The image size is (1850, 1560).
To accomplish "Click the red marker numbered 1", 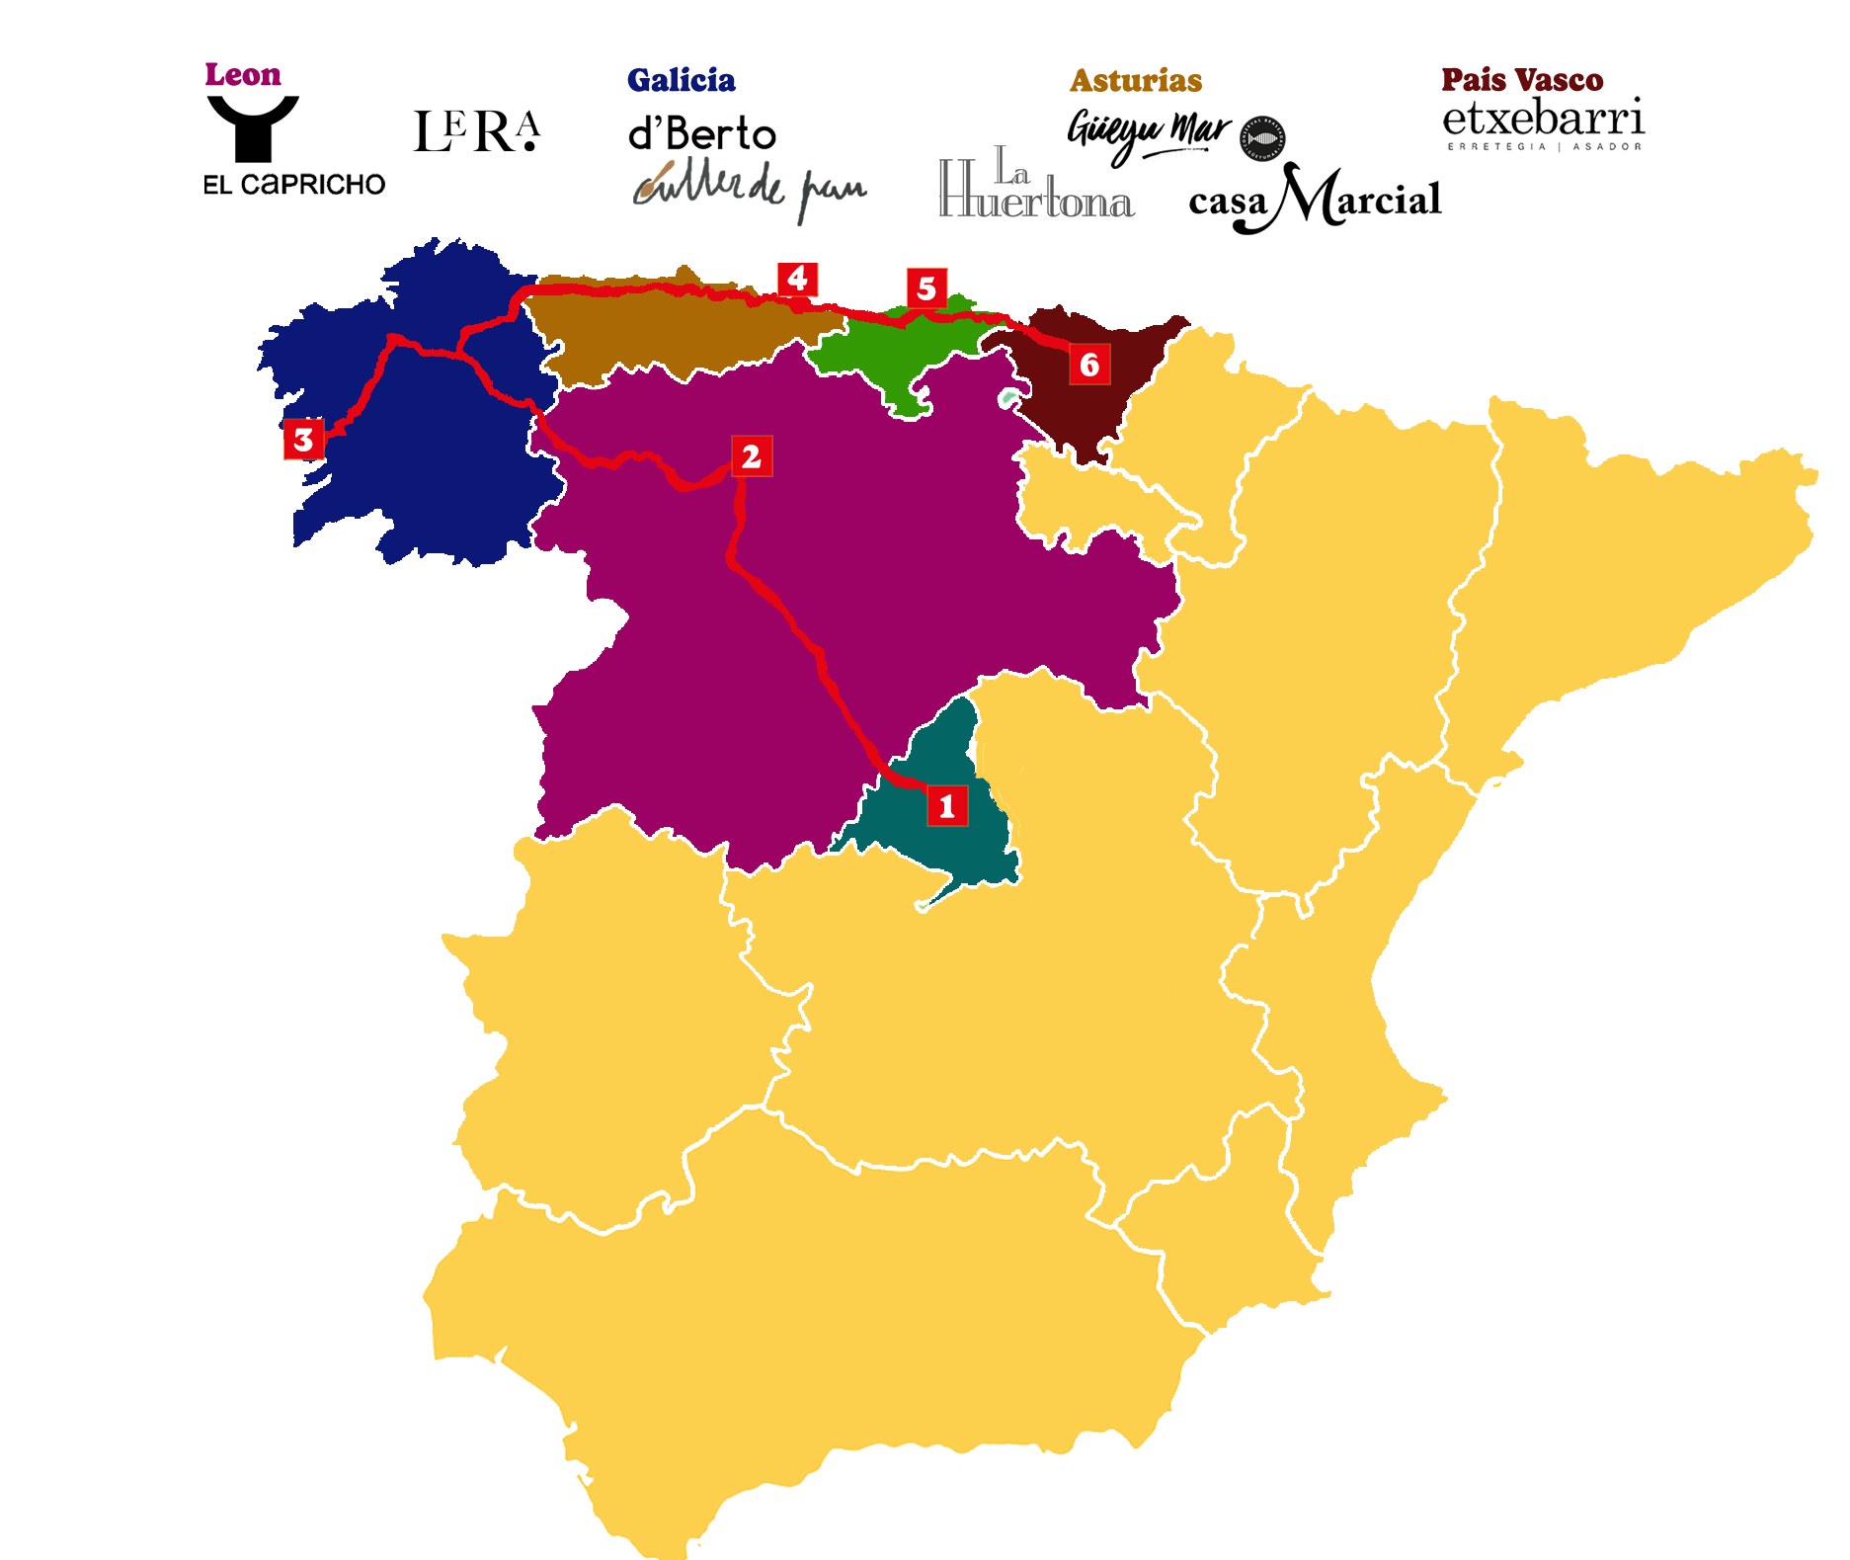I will tap(946, 806).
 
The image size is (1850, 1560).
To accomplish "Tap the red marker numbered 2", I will tap(751, 456).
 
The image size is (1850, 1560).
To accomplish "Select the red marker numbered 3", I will tap(303, 440).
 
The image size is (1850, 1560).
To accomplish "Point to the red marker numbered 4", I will tap(797, 279).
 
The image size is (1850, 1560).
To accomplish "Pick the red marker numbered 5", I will tap(926, 288).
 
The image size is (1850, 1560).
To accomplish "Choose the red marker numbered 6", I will tap(1089, 365).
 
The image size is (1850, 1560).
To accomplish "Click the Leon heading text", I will tap(243, 75).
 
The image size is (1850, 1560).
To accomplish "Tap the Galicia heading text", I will tap(681, 80).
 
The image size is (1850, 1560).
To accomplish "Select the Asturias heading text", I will tap(1136, 80).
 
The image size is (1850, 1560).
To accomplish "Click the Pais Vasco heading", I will tap(1522, 79).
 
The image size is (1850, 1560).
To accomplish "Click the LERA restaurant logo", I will tap(477, 132).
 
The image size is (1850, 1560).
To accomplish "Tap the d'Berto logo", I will tap(702, 133).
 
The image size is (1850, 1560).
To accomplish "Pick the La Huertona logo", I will tap(1035, 185).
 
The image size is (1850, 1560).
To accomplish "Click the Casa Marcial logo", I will tap(1315, 200).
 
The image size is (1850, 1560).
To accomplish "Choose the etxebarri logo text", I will tap(1543, 120).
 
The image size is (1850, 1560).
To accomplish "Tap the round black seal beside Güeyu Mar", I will tap(1262, 138).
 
